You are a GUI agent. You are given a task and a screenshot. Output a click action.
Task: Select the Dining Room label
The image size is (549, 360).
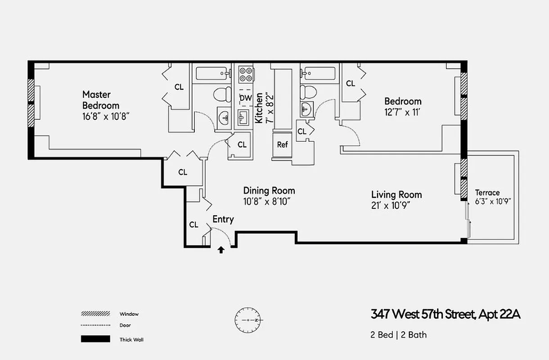269,190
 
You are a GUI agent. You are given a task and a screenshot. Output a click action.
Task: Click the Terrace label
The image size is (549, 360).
487,193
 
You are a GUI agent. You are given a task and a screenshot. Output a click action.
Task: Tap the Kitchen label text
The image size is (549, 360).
259,108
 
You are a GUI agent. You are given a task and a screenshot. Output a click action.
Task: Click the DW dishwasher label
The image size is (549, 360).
245,98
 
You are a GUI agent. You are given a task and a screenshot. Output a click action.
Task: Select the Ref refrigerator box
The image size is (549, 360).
282,145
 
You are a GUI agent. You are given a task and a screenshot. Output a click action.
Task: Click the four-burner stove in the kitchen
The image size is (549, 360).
245,74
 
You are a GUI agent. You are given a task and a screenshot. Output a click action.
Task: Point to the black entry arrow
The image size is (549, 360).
221,250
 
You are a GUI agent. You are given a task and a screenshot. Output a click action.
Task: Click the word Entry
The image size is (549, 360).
223,220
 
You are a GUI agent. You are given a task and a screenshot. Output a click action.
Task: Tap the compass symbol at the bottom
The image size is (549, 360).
247,319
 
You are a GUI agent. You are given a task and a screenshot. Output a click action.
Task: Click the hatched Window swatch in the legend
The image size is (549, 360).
95,314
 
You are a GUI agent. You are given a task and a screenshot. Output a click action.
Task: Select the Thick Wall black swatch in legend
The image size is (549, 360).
95,339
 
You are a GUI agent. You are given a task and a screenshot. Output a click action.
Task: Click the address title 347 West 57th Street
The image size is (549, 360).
445,314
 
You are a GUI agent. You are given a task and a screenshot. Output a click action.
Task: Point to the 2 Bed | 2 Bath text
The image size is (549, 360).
399,335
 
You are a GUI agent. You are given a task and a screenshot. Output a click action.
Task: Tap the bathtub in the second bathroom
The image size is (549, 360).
319,73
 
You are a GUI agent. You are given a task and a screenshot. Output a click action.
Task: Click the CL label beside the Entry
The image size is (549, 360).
193,225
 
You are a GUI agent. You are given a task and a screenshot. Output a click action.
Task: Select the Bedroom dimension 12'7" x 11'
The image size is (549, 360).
403,112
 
